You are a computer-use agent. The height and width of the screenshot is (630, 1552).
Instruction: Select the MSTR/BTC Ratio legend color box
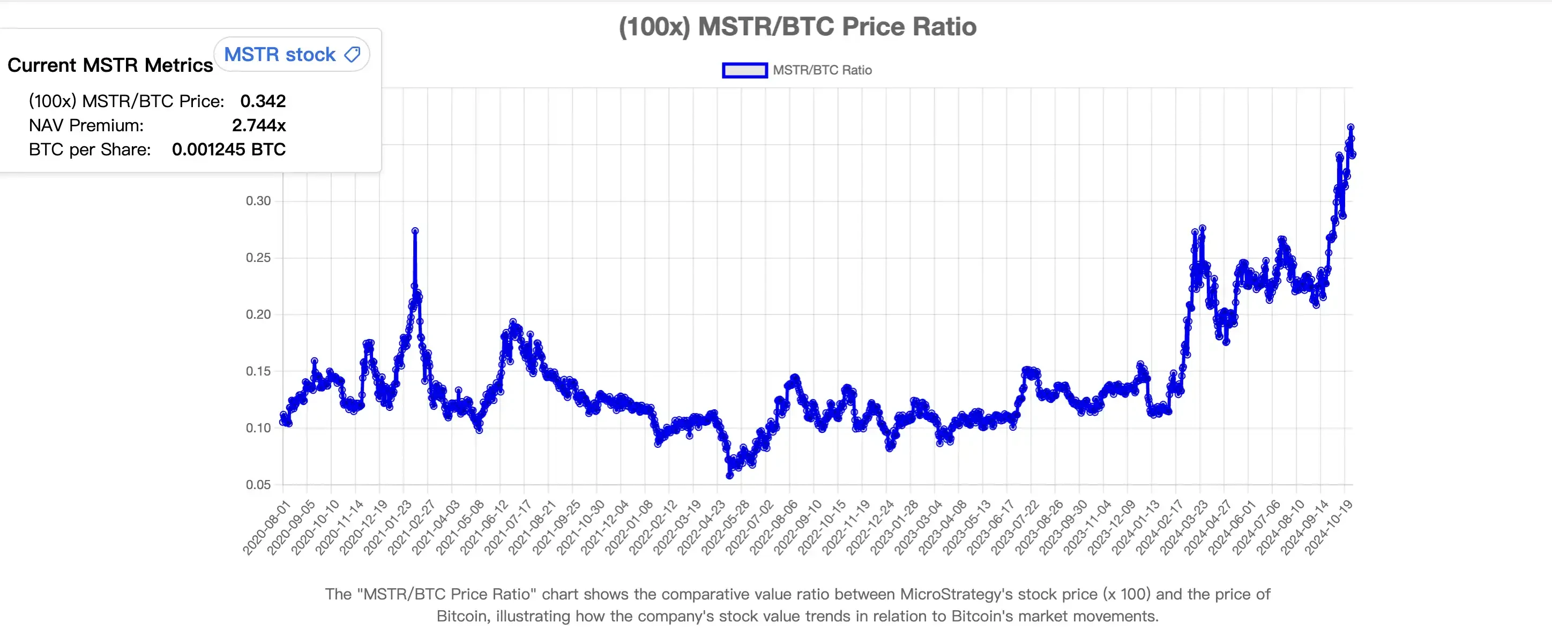point(745,71)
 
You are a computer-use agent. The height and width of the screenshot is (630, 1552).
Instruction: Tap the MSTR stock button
point(292,55)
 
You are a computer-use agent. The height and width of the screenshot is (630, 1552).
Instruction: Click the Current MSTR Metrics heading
point(110,65)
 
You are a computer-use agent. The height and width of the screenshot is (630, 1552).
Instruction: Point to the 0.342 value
point(263,101)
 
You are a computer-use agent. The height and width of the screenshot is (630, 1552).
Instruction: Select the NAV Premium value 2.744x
point(258,125)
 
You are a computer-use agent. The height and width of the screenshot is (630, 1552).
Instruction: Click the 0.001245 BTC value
point(228,149)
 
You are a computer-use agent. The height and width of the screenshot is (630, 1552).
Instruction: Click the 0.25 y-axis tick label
point(258,258)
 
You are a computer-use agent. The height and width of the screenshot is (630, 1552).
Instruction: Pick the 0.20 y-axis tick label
point(258,314)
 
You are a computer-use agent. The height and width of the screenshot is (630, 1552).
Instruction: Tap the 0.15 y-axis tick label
point(258,371)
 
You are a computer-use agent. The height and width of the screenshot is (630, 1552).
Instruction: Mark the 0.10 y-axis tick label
point(258,427)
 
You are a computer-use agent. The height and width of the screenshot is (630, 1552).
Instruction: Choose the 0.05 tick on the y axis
point(258,484)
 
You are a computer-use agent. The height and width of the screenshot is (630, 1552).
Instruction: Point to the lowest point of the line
point(729,476)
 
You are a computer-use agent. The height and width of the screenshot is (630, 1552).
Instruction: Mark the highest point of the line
point(1351,127)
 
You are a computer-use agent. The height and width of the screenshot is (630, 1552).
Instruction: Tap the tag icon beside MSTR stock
point(353,55)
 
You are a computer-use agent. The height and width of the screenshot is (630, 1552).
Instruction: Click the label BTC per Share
point(90,149)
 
